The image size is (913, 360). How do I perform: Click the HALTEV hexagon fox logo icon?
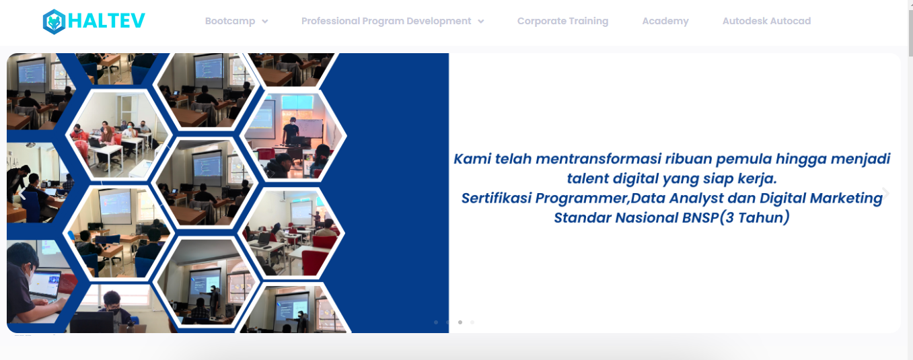click(x=54, y=22)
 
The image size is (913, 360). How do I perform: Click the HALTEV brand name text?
click(x=106, y=21)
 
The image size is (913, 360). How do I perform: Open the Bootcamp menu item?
click(x=230, y=22)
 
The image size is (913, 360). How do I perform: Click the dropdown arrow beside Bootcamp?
click(x=265, y=22)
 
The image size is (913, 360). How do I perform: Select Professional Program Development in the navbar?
click(x=386, y=22)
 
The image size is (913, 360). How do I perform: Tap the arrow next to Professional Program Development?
click(x=481, y=22)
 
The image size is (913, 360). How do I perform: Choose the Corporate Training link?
click(x=562, y=22)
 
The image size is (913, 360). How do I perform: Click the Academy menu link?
click(x=665, y=22)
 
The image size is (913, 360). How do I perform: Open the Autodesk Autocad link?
click(x=767, y=22)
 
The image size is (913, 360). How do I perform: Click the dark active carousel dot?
click(x=460, y=322)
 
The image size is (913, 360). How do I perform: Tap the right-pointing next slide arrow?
click(x=885, y=193)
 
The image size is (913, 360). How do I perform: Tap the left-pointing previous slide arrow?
click(x=23, y=196)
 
